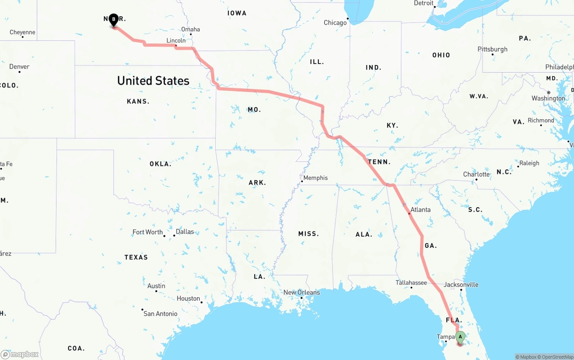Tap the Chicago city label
click(335, 22)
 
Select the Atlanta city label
click(420, 209)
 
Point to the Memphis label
click(315, 178)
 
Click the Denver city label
click(19, 67)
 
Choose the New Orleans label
click(301, 292)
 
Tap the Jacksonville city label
click(461, 285)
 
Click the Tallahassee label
click(411, 282)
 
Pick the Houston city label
click(188, 299)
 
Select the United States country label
click(153, 81)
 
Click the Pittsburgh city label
click(492, 49)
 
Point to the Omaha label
click(191, 30)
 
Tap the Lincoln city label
click(176, 40)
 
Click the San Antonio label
click(160, 313)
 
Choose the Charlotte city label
click(476, 174)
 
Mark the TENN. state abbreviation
click(379, 162)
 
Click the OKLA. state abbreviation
click(160, 164)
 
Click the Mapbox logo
click(20, 354)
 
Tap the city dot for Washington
click(548, 93)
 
